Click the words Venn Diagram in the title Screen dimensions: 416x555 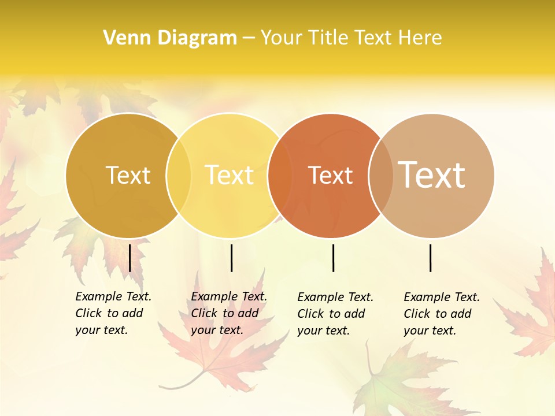170,38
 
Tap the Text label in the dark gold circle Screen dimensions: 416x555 128,175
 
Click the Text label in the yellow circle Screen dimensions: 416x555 230,175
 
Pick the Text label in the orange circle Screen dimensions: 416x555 330,175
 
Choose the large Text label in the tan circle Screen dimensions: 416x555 432,175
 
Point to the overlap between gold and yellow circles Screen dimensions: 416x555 179,175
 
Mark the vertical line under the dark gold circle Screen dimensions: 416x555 129,258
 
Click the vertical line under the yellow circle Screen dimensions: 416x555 231,258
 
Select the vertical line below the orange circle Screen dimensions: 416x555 333,258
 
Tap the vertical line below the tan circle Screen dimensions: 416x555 431,258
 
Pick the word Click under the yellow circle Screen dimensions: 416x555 204,313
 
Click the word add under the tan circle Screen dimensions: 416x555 461,314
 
